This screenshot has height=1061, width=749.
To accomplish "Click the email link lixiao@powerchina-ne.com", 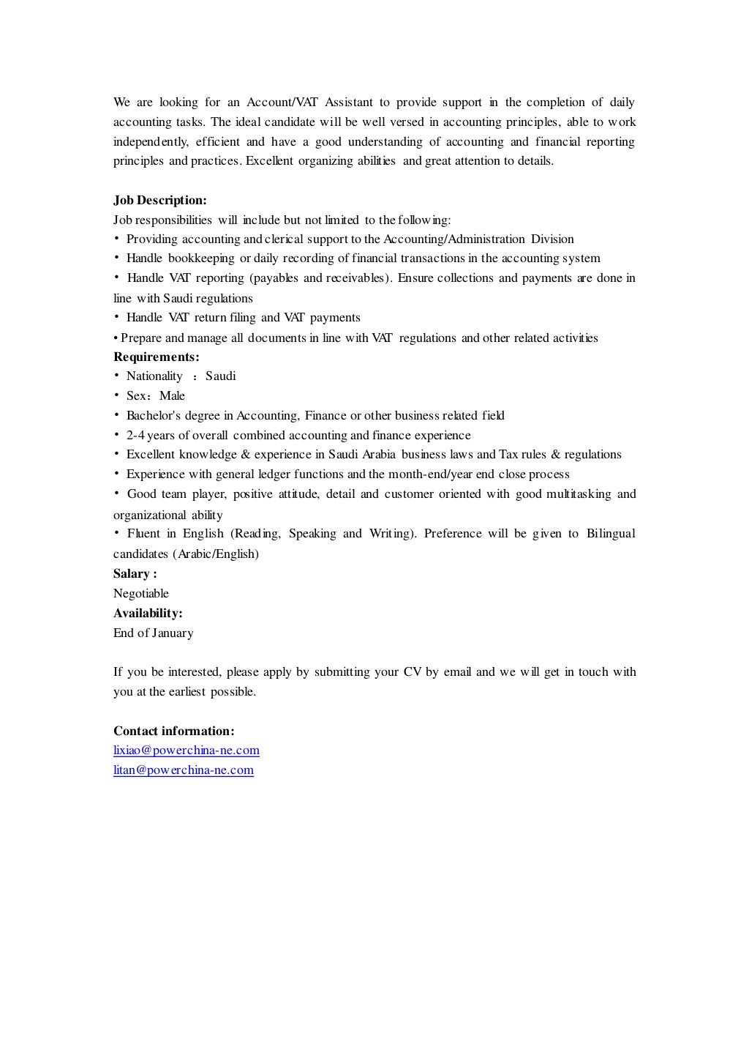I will point(187,751).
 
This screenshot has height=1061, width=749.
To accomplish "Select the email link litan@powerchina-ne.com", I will point(184,770).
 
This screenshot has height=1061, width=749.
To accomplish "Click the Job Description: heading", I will point(160,200).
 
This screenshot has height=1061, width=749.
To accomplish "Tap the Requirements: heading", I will point(157,357).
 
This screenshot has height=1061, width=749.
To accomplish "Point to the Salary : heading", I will point(135,574).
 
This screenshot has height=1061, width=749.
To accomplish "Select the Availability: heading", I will point(148,613).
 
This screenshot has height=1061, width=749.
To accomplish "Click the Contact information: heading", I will point(174,731).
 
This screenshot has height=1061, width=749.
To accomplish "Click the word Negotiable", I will point(141,594).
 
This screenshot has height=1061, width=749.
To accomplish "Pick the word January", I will point(173,633).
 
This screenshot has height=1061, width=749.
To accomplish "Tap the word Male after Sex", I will point(173,396).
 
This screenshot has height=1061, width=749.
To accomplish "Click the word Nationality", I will point(154,376).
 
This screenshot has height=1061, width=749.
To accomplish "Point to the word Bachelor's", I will point(154,416).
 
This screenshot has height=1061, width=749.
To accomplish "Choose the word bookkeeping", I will point(201,258).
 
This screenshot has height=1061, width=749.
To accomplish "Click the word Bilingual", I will point(610,534).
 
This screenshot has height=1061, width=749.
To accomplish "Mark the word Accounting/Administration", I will point(454,239).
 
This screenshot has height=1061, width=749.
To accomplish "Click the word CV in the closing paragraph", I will point(411,672).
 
